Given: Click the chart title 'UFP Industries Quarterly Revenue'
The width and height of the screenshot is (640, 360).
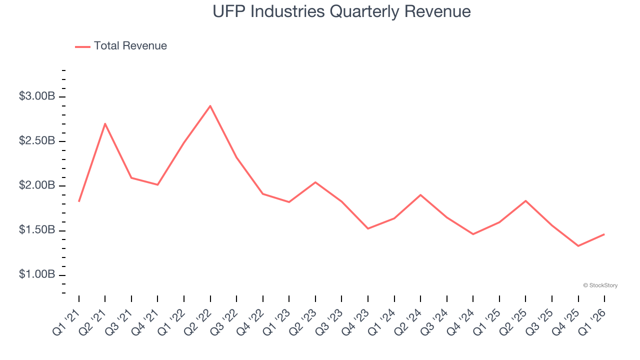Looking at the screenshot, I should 341,11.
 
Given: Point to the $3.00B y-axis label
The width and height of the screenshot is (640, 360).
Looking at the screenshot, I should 36,96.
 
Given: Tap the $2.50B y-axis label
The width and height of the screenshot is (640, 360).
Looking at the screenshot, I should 36,141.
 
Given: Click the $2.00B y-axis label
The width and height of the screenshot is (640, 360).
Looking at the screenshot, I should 36,186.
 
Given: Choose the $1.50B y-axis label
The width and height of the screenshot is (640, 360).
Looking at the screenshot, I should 36,230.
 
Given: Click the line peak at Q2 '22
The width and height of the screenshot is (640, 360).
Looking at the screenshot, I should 210,106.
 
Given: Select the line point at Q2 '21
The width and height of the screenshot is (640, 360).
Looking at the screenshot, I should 105,123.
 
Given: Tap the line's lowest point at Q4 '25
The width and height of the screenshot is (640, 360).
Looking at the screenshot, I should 578,245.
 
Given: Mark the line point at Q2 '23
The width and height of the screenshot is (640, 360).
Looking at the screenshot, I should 315,182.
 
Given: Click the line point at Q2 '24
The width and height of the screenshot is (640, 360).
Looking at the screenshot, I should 420,194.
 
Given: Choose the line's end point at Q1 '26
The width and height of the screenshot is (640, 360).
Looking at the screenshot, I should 604,234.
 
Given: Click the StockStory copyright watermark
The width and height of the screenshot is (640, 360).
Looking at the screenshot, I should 600,285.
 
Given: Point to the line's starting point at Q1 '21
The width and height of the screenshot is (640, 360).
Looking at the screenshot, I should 79,201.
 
